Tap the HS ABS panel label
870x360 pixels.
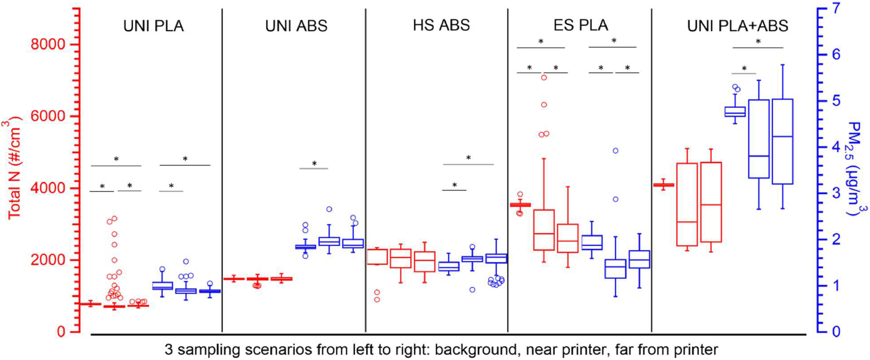click(441, 26)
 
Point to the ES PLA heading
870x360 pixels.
click(581, 26)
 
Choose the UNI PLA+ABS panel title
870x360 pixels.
click(738, 26)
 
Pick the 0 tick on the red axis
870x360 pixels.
click(61, 332)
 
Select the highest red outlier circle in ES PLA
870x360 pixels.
click(544, 78)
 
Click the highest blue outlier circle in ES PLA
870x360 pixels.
click(615, 151)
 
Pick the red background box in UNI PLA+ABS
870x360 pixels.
click(663, 185)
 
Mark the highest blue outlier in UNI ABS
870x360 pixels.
click(329, 209)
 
